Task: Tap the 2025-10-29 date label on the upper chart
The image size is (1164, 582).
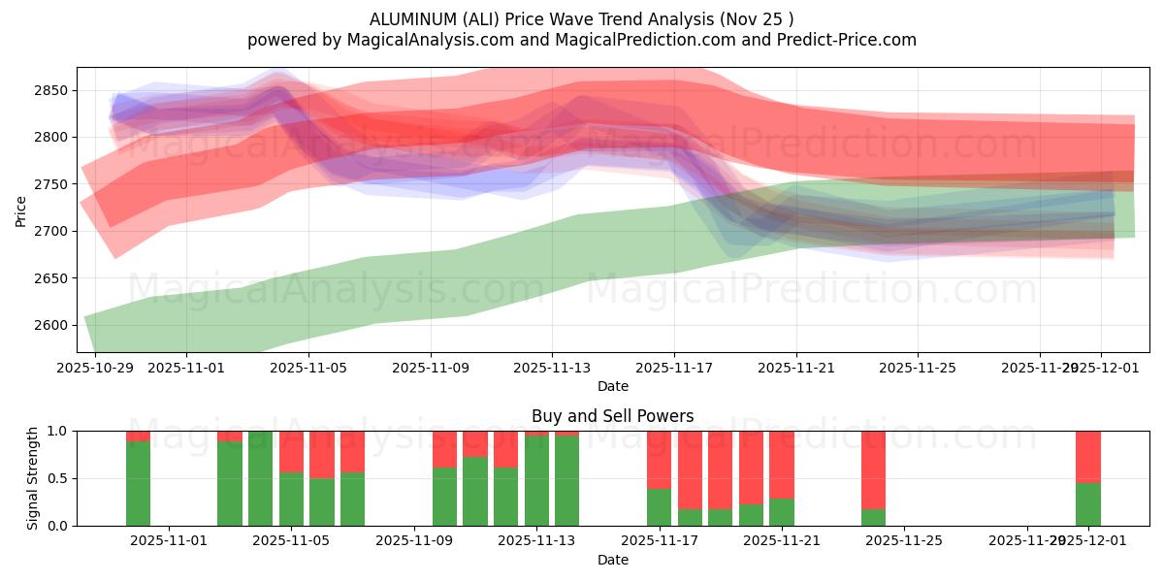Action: click(x=95, y=368)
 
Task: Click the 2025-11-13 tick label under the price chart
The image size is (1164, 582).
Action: click(x=551, y=368)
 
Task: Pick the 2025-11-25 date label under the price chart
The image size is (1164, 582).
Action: click(x=918, y=368)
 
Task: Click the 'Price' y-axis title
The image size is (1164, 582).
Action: click(x=21, y=210)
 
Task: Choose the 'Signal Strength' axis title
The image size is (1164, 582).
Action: click(x=33, y=477)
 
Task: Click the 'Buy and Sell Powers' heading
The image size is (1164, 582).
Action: click(x=612, y=416)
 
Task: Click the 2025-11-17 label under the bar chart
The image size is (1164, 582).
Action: click(x=659, y=541)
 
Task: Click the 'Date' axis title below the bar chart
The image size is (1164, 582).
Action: click(x=612, y=560)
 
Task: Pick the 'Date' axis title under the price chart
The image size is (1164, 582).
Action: click(x=612, y=386)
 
